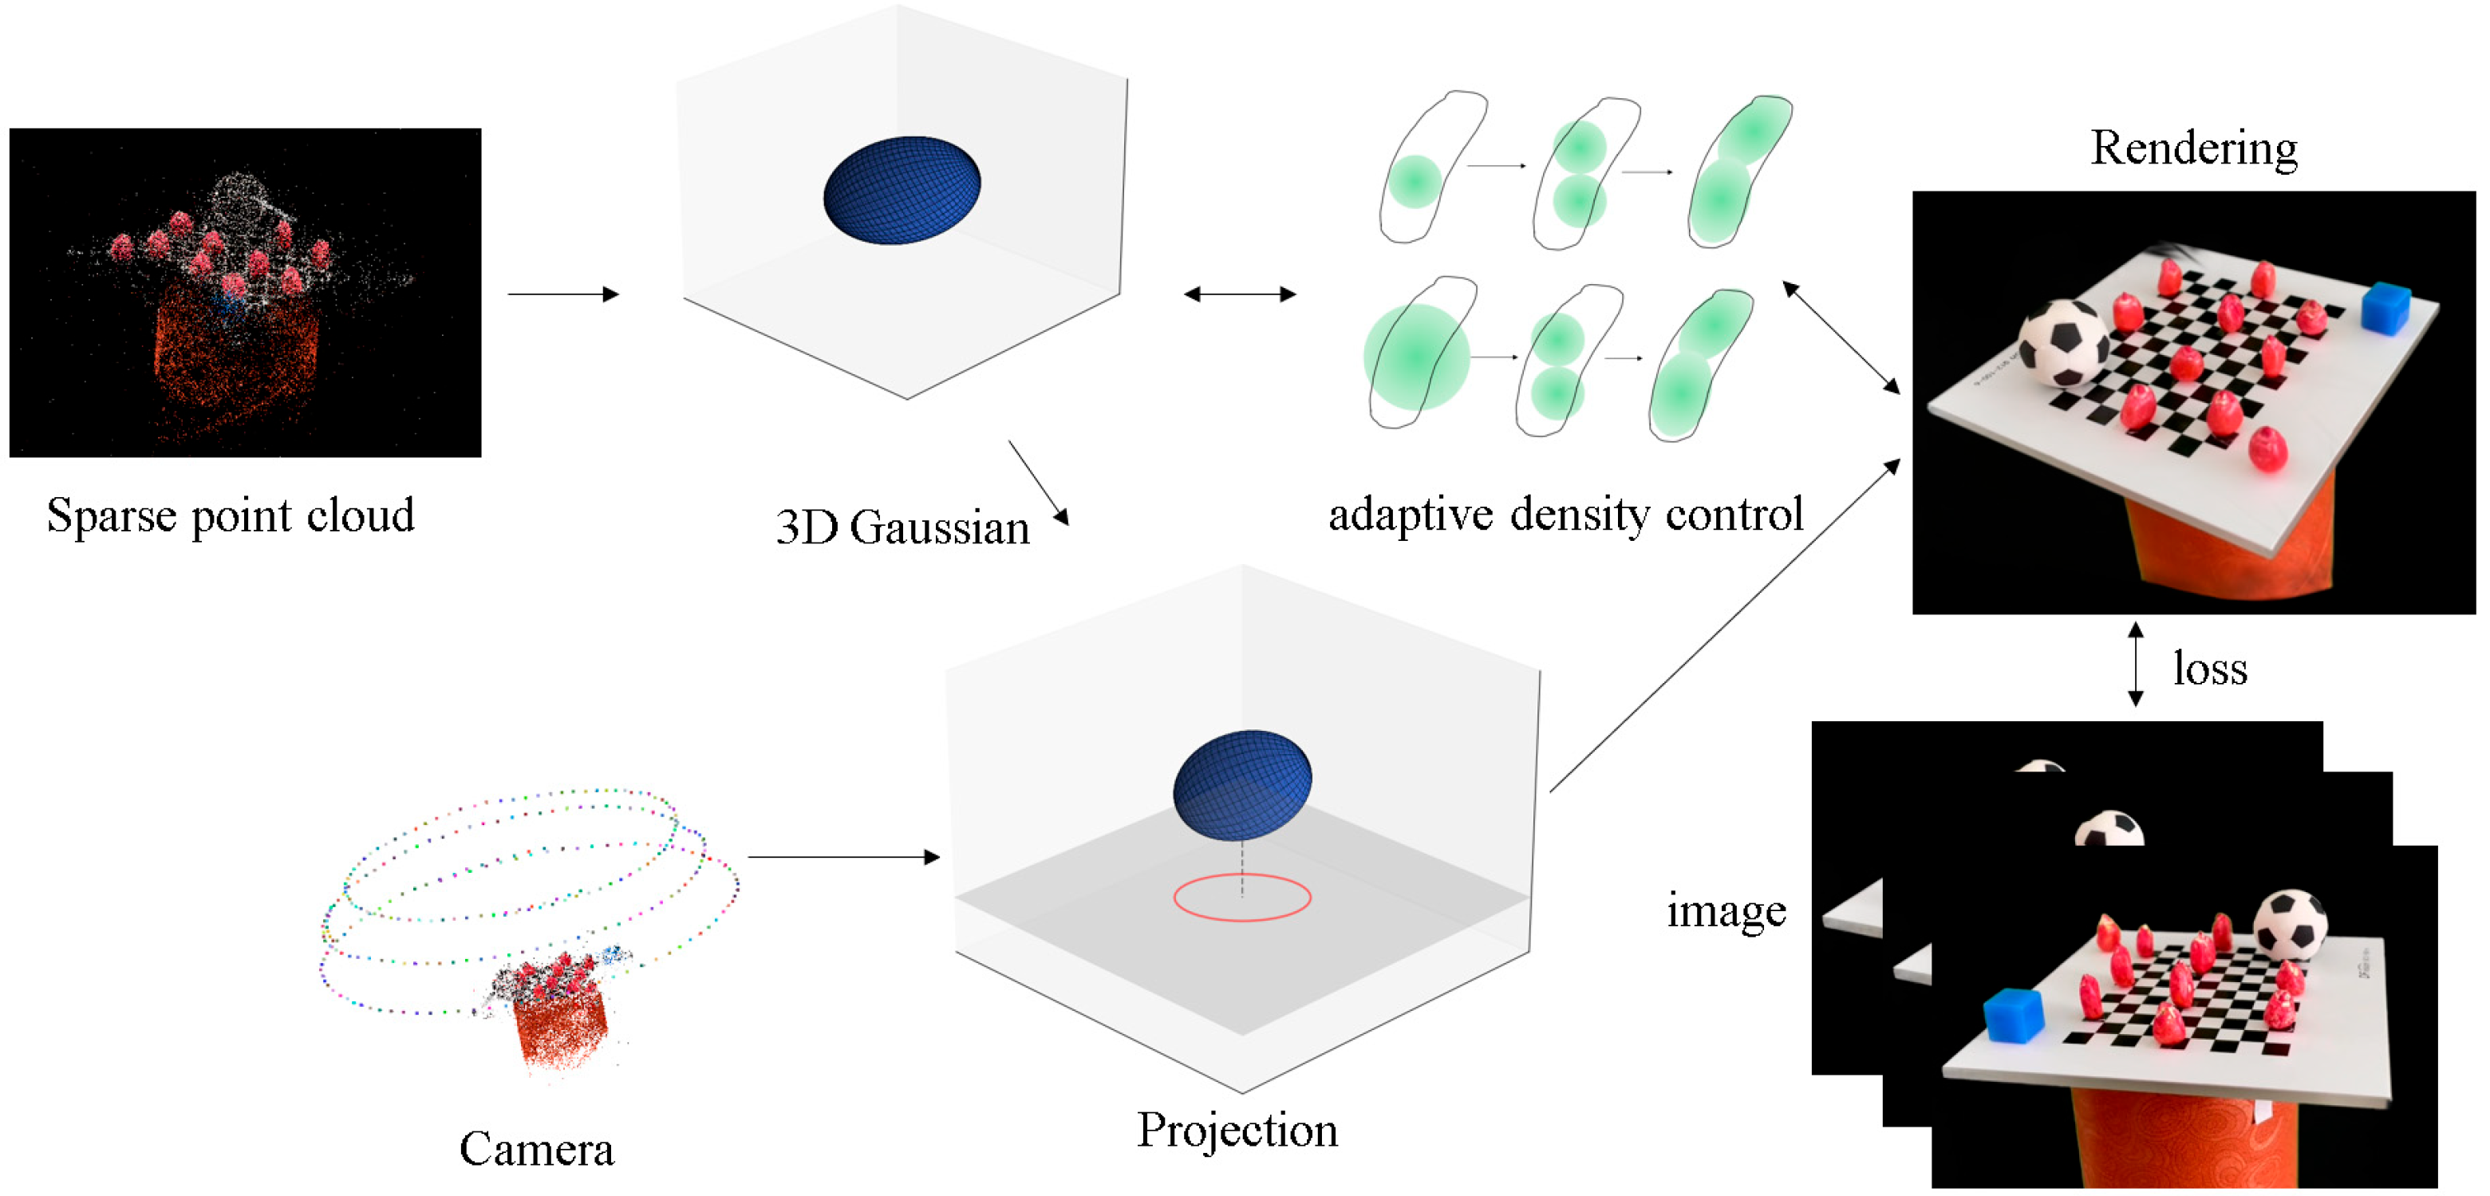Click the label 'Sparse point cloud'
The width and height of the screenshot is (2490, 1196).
(x=230, y=515)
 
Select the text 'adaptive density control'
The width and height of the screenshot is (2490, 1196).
(x=1565, y=513)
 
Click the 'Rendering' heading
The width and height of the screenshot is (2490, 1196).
(x=2193, y=149)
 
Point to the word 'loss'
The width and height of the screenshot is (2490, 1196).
(x=2210, y=668)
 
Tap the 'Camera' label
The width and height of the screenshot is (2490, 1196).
(x=536, y=1150)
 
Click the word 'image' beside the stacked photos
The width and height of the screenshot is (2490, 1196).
(x=1726, y=911)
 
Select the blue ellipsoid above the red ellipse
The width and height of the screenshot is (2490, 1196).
(x=1242, y=784)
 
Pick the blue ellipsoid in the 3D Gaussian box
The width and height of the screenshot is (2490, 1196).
(x=902, y=190)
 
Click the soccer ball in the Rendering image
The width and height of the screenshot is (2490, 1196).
(x=2064, y=342)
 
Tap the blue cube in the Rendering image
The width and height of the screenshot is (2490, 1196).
(x=2384, y=309)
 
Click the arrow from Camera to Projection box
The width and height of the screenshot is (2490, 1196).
(x=844, y=857)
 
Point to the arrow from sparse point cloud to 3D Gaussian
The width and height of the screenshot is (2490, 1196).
(x=562, y=294)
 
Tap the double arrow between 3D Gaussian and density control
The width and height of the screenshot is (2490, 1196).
(x=1239, y=294)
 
